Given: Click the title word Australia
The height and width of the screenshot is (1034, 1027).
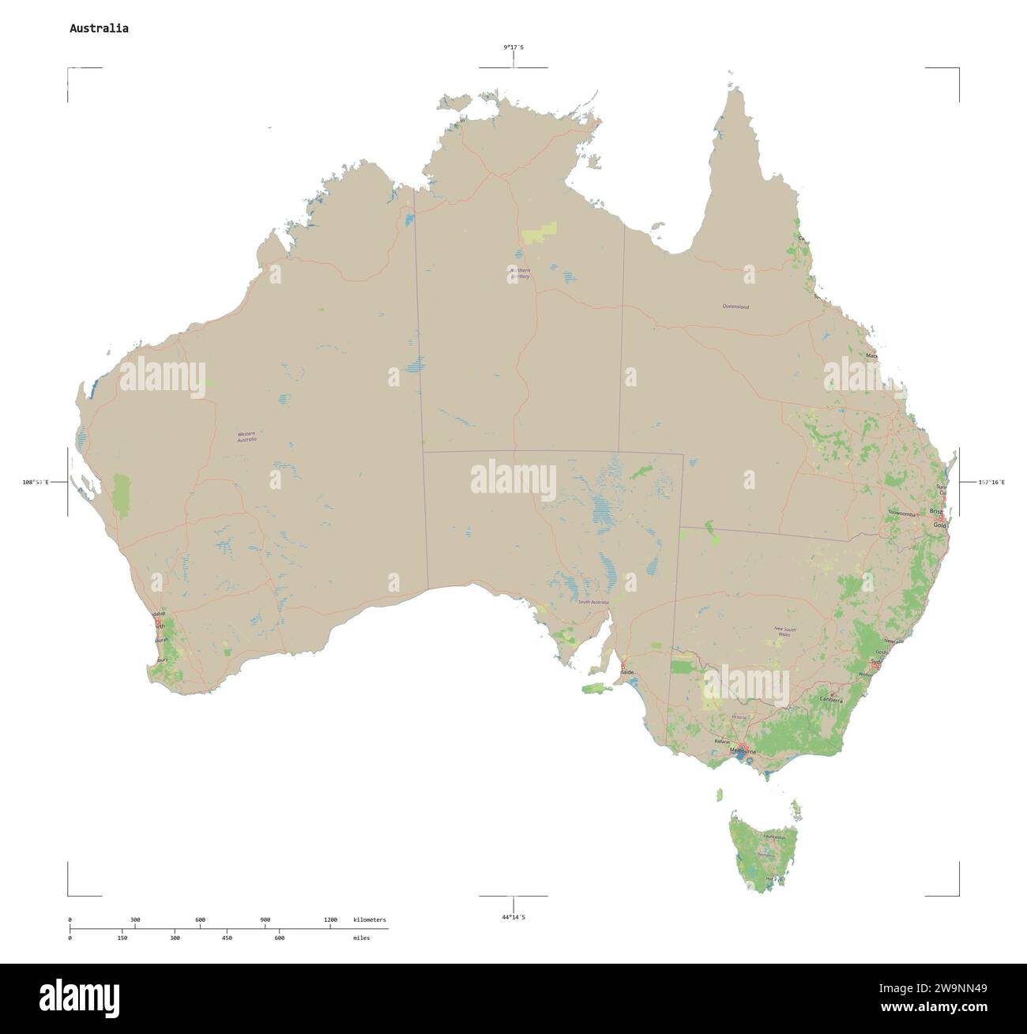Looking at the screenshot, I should pos(99,28).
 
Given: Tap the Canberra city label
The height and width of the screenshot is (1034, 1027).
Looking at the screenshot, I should pos(832,700).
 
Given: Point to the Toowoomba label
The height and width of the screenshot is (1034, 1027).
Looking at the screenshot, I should pos(901,513).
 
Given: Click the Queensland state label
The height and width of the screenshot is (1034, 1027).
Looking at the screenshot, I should pos(735,306).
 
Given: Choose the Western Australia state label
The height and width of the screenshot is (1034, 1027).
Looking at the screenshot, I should pos(247,436).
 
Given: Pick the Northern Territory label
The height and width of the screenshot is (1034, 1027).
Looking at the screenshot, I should pos(520,273).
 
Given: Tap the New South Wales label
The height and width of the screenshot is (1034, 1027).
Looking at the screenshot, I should pos(784,631).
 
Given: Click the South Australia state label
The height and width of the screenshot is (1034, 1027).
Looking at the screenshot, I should pos(593,603).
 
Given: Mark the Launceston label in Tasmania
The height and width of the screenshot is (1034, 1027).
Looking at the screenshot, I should pos(774,837).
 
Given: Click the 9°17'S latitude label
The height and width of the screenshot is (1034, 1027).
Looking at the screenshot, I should pos(513,47).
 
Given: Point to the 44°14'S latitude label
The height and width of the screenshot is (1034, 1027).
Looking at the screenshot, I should pos(513,916).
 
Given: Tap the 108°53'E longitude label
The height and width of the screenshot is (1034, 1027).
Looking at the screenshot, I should pos(35,482).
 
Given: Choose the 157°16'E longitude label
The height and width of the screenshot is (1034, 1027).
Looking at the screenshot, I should pos(991,482).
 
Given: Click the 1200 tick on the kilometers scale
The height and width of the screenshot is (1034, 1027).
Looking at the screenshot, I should pos(330,919).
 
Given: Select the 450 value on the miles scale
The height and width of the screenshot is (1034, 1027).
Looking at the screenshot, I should pos(227,938).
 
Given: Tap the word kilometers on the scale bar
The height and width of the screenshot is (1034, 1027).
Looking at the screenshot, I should pos(370,919).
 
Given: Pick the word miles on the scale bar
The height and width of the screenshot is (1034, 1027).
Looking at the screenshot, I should pos(361,938).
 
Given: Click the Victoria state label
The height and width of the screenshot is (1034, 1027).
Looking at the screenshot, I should pos(739,716).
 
